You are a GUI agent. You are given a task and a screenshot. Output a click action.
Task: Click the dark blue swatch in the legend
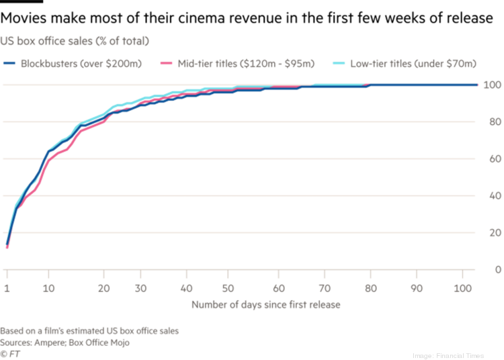pyautogui.click(x=9, y=64)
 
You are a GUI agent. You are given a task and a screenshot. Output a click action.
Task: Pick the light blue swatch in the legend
pyautogui.click(x=338, y=64)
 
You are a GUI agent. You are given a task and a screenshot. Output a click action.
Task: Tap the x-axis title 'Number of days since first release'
pyautogui.click(x=266, y=304)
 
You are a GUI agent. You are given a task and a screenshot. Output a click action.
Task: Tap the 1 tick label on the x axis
pyautogui.click(x=7, y=287)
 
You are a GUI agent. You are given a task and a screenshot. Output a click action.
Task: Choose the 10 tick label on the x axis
pyautogui.click(x=48, y=287)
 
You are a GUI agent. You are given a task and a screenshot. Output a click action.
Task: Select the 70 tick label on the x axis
pyautogui.click(x=324, y=287)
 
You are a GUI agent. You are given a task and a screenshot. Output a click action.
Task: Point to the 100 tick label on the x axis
pyautogui.click(x=463, y=287)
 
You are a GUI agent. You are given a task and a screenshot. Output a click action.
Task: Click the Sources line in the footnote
pyautogui.click(x=65, y=342)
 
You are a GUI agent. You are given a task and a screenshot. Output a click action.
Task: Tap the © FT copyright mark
pyautogui.click(x=9, y=352)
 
